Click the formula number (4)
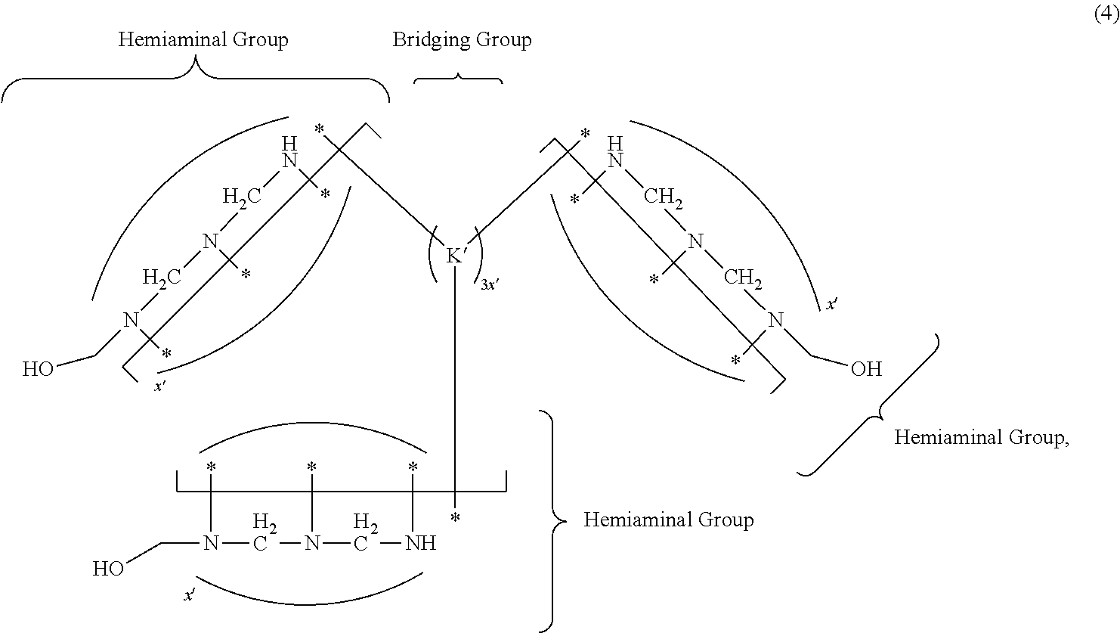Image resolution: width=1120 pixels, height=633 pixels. pyautogui.click(x=1106, y=14)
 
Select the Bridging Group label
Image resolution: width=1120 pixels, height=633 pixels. pyautogui.click(x=462, y=40)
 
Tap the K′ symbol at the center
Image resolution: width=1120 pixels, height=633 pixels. pyautogui.click(x=456, y=256)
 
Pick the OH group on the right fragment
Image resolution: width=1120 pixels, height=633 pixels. pyautogui.click(x=866, y=369)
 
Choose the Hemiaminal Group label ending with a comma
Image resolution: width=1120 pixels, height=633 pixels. pyautogui.click(x=982, y=437)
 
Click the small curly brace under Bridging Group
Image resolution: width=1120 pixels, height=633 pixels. pyautogui.click(x=458, y=78)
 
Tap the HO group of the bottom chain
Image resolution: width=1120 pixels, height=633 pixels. pyautogui.click(x=108, y=569)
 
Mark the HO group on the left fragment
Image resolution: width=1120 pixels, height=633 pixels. pyautogui.click(x=38, y=370)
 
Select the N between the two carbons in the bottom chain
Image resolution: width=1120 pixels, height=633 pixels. pyautogui.click(x=311, y=543)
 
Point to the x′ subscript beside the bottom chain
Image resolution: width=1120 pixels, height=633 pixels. pyautogui.click(x=190, y=596)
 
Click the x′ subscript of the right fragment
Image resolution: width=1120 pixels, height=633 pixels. pyautogui.click(x=831, y=304)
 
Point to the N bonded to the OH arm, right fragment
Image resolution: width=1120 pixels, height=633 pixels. pyautogui.click(x=775, y=320)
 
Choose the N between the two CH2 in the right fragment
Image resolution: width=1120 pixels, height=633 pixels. pyautogui.click(x=695, y=242)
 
